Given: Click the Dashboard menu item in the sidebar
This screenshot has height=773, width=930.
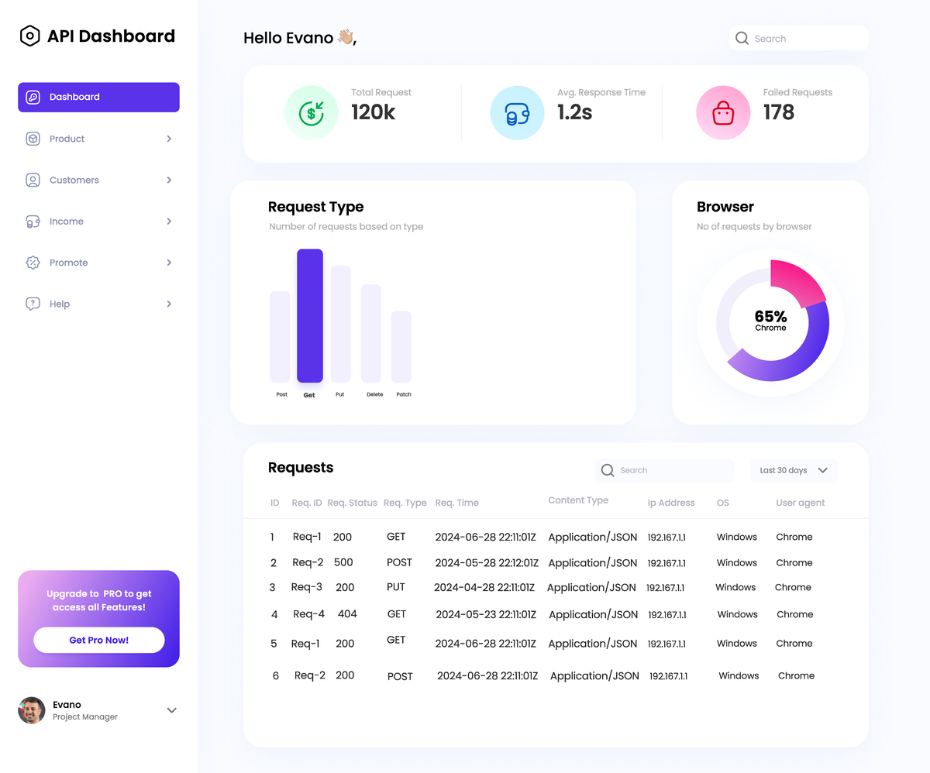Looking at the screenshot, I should click(x=98, y=98).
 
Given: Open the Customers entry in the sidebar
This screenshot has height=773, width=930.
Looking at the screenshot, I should click(x=74, y=180).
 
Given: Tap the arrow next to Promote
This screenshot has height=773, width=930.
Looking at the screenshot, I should click(x=169, y=263).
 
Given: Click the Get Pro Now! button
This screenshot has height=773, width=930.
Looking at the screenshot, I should click(x=98, y=641).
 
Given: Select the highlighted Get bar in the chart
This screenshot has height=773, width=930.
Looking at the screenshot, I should click(x=309, y=315).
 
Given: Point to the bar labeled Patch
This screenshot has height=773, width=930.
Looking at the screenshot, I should click(x=401, y=346).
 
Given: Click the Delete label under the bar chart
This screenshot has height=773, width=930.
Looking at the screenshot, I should click(x=374, y=394).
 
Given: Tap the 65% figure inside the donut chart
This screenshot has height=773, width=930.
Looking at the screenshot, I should click(x=770, y=317).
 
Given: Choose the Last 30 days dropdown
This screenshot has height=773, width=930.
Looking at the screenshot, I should click(x=794, y=470).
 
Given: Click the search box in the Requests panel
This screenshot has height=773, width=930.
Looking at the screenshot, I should click(x=664, y=470).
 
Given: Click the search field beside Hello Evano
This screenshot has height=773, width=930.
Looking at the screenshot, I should click(x=798, y=39).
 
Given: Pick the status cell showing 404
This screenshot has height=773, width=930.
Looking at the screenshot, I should click(x=347, y=614).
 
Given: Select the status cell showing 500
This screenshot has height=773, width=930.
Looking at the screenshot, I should click(x=343, y=563).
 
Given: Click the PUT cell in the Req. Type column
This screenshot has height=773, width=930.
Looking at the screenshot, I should click(x=396, y=587).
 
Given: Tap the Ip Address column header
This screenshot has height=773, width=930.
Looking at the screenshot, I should click(x=671, y=503).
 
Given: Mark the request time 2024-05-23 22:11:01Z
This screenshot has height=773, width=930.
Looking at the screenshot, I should click(x=486, y=614).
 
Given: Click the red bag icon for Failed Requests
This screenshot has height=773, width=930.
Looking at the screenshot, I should click(x=722, y=113).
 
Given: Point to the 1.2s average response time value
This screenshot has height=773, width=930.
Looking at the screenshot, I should click(x=574, y=112).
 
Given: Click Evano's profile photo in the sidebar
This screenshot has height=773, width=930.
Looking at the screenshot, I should click(x=32, y=710).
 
